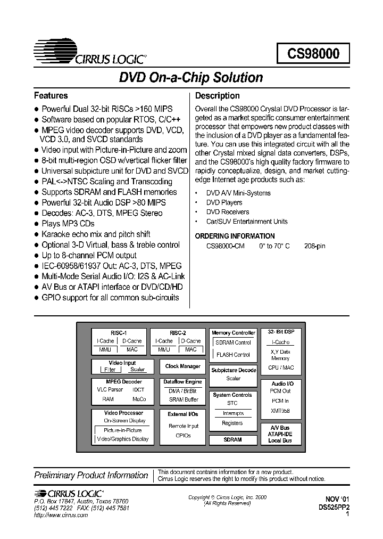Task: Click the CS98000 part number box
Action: pos(313,54)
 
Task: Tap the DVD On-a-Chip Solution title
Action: pos(191,78)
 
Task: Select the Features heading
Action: pos(51,96)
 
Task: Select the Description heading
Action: pos(218,96)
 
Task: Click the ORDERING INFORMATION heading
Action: pos(235,236)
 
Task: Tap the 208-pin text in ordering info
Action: pos(314,246)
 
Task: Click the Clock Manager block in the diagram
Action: pos(182,366)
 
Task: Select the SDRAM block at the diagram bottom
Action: pos(232,440)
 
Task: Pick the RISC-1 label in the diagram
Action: pos(119,332)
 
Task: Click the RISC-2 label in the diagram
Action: pos(178,332)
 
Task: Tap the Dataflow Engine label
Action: pos(182,382)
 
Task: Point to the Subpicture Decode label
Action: pos(234,370)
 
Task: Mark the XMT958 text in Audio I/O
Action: pos(280,411)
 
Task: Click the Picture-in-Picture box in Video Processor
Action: pos(123,430)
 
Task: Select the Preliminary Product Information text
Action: pos(91,475)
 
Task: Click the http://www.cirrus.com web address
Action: pos(61,516)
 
